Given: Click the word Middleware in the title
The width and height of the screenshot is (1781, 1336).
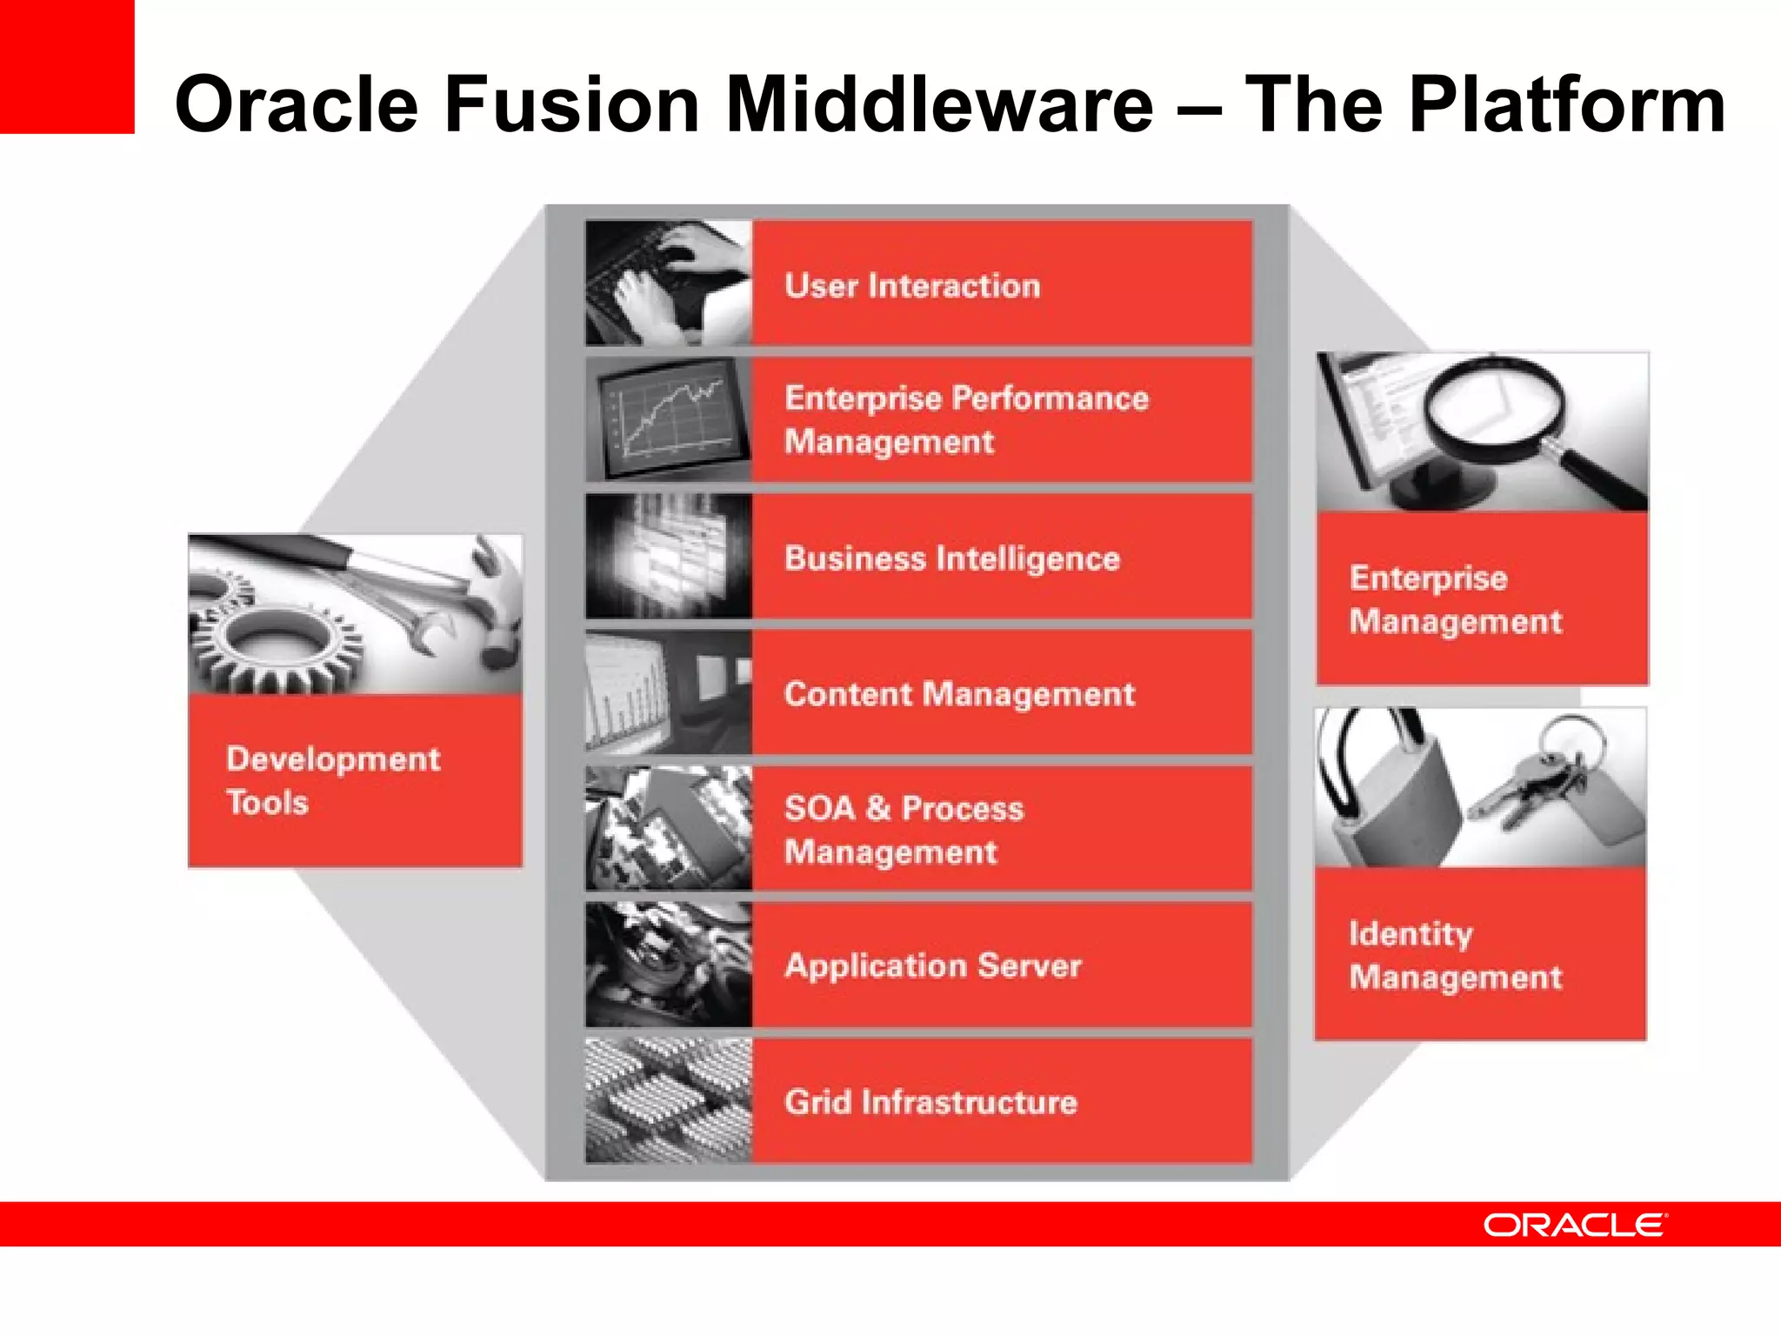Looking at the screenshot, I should pyautogui.click(x=939, y=104).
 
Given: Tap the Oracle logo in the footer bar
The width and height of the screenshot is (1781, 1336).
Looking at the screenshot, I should pyautogui.click(x=1575, y=1226).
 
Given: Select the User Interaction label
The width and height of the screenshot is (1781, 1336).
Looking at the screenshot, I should pyautogui.click(x=912, y=286).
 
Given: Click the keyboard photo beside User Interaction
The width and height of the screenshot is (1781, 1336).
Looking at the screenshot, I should pyautogui.click(x=668, y=283).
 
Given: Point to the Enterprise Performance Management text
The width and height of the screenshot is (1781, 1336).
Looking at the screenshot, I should pyautogui.click(x=965, y=419).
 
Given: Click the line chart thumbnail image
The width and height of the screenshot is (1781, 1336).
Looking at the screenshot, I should pyautogui.click(x=668, y=419).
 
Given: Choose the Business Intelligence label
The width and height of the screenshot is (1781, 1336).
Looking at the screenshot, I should pyautogui.click(x=951, y=558).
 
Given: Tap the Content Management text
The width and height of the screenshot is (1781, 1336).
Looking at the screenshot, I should pyautogui.click(x=959, y=694).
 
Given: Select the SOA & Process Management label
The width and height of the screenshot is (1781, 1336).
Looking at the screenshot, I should pyautogui.click(x=904, y=830).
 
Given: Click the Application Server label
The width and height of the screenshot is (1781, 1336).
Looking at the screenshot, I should pyautogui.click(x=932, y=965).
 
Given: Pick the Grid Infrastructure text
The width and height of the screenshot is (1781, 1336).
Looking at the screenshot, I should pyautogui.click(x=931, y=1102).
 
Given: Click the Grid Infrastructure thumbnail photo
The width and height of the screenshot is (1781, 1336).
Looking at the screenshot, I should pyautogui.click(x=668, y=1101).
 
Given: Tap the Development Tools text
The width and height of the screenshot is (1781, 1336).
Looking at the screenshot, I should pyautogui.click(x=332, y=780).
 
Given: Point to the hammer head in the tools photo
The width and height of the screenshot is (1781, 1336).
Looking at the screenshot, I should pyautogui.click(x=496, y=600).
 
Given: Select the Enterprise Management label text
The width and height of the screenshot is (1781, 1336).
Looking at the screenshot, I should pyautogui.click(x=1455, y=599).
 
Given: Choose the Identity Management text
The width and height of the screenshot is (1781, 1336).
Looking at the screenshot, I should pyautogui.click(x=1455, y=955).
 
